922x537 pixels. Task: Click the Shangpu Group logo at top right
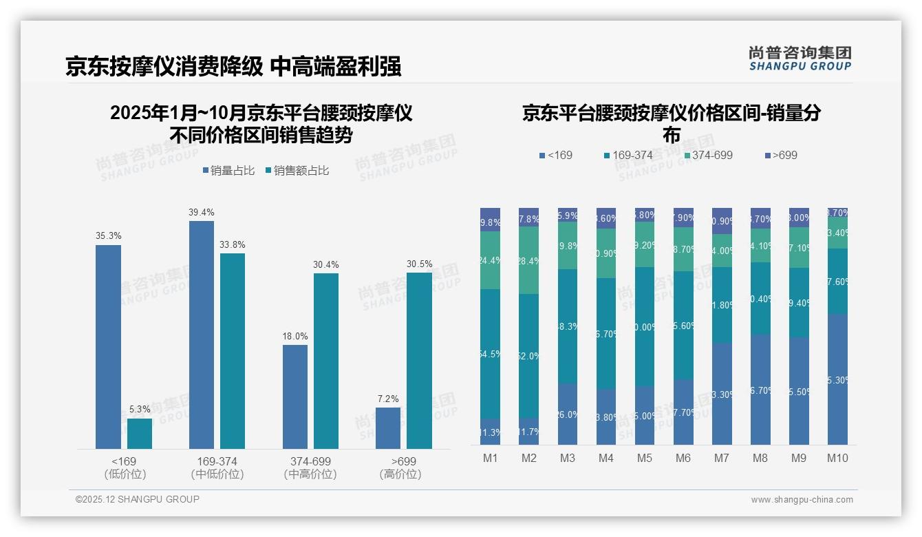click(x=800, y=59)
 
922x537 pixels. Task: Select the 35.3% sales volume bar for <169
click(x=108, y=347)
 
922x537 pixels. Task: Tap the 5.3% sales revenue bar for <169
click(x=140, y=434)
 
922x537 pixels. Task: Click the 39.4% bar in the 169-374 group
click(x=202, y=335)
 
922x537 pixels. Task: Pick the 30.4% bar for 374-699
click(x=326, y=361)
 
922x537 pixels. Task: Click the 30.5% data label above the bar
click(x=419, y=264)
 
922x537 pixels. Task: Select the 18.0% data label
click(x=295, y=337)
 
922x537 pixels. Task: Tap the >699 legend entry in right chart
click(x=780, y=156)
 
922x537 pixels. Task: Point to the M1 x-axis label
click(x=490, y=458)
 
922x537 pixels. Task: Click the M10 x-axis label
click(x=837, y=458)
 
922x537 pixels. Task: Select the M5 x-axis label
click(x=644, y=458)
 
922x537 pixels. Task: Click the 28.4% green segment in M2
click(x=529, y=260)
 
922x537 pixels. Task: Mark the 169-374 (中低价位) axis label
click(x=217, y=467)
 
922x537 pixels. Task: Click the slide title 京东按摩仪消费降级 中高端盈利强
click(x=233, y=67)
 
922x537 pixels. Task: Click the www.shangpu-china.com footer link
click(x=802, y=500)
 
